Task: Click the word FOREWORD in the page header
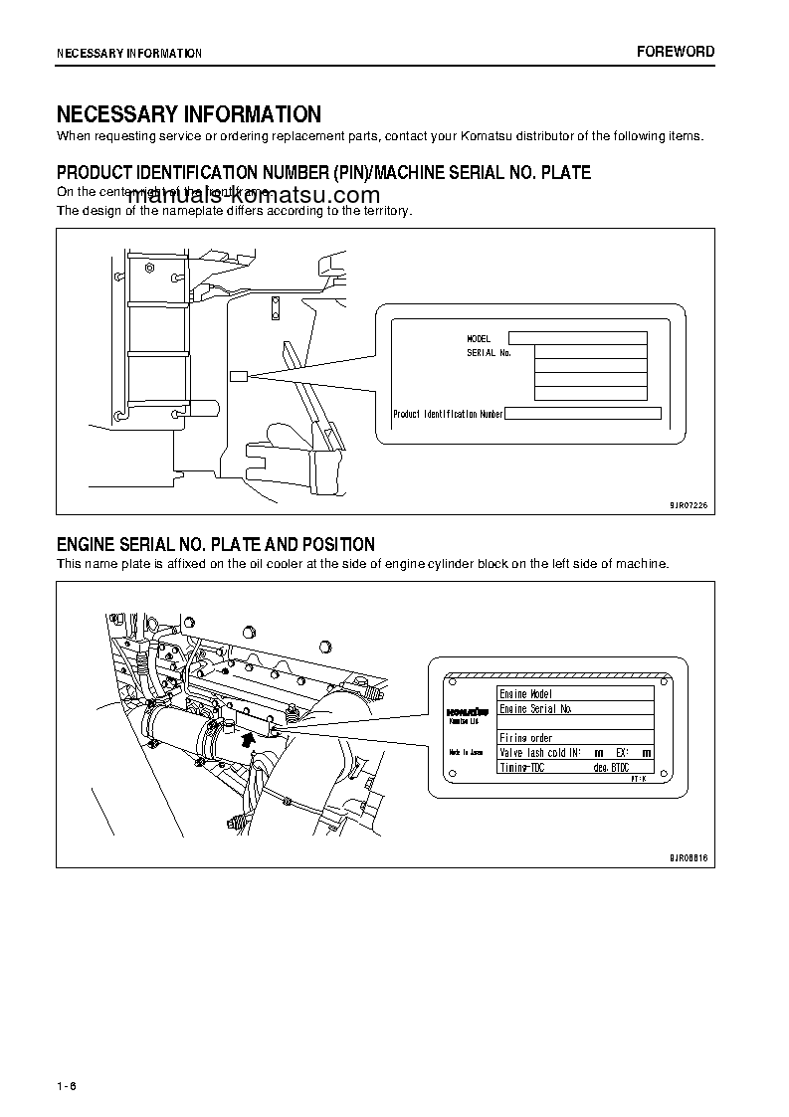(x=676, y=52)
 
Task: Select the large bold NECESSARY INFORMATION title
(x=188, y=114)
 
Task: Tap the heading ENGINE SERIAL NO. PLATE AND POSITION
(x=216, y=544)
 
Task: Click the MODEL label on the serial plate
(x=479, y=339)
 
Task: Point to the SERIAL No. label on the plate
(x=489, y=353)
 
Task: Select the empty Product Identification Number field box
(x=583, y=414)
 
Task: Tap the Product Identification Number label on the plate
(x=448, y=414)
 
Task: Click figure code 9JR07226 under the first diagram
(x=689, y=505)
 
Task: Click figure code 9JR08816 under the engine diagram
(x=689, y=856)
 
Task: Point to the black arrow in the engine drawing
(x=248, y=737)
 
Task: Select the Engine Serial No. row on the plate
(x=535, y=709)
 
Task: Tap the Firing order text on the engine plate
(x=525, y=738)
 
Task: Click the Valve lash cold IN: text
(x=539, y=753)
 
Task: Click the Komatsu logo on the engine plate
(x=464, y=712)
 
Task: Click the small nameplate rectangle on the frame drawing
(x=238, y=376)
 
